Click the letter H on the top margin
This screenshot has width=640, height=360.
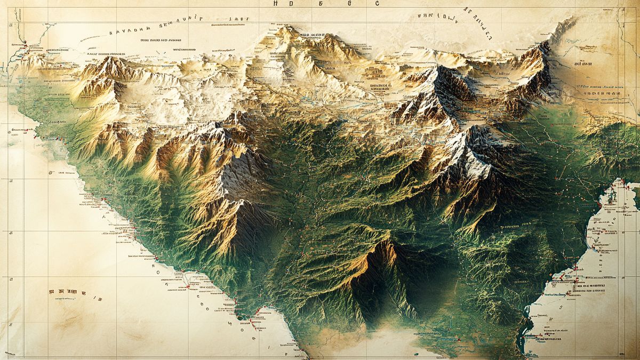(275, 3)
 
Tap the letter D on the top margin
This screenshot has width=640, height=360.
(291, 3)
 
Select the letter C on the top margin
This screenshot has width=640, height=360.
(377, 3)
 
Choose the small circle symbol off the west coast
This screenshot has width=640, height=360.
(51, 173)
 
